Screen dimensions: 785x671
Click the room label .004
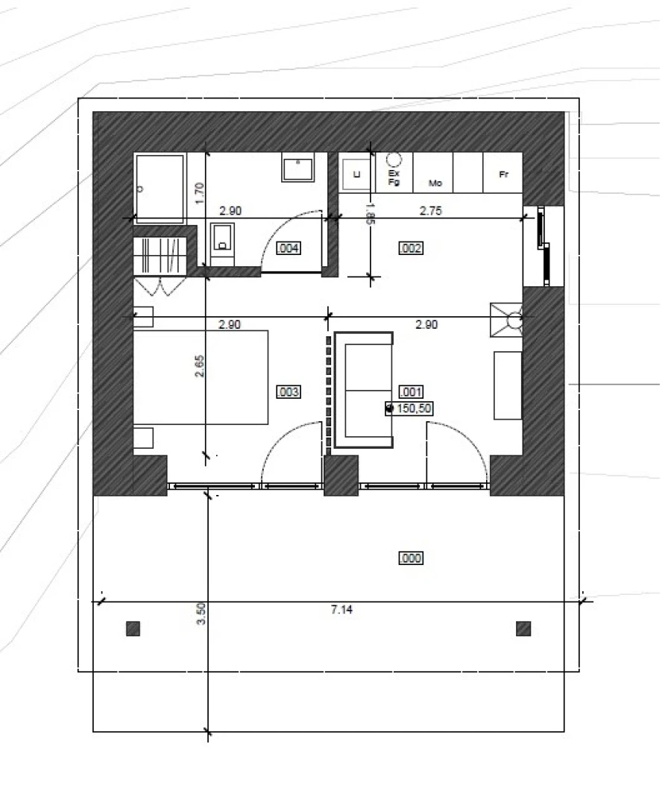coord(289,248)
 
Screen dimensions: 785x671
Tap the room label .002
coord(411,248)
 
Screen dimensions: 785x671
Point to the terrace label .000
coord(411,558)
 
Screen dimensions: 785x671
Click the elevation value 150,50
coord(415,408)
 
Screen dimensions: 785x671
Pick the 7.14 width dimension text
coord(341,610)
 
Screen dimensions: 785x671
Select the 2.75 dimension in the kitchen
coord(431,211)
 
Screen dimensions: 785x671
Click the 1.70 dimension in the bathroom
coord(199,194)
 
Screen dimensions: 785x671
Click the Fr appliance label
coord(503,174)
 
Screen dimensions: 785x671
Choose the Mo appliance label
coord(435,182)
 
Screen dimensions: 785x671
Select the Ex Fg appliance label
coord(394,176)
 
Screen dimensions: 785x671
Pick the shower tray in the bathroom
coord(159,189)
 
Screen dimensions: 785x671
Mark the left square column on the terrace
coord(133,628)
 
